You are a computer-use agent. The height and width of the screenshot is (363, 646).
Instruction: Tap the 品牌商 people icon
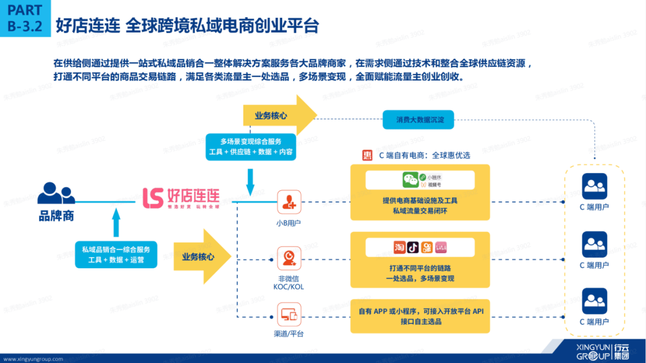pyautogui.click(x=56, y=194)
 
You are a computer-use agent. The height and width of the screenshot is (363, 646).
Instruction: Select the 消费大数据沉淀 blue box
pyautogui.click(x=420, y=120)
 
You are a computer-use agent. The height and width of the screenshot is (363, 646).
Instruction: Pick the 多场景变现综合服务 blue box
pyautogui.click(x=251, y=147)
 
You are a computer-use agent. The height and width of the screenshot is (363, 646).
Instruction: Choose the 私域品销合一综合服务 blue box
pyautogui.click(x=116, y=255)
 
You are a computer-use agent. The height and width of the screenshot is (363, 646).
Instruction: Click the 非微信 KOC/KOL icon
pyautogui.click(x=289, y=259)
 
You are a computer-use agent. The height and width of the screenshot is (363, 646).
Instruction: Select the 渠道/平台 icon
pyautogui.click(x=289, y=315)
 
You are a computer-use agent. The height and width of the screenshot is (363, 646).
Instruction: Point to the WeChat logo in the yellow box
pyautogui.click(x=411, y=180)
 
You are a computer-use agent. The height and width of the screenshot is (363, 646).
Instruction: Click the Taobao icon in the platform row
pyautogui.click(x=400, y=247)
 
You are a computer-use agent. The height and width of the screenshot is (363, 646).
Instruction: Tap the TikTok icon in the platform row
pyautogui.click(x=413, y=247)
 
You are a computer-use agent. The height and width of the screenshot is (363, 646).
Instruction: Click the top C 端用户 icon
pyautogui.click(x=595, y=186)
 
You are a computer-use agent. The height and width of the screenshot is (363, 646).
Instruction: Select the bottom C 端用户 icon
pyautogui.click(x=595, y=301)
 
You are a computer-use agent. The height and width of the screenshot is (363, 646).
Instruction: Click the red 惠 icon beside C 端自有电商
pyautogui.click(x=368, y=155)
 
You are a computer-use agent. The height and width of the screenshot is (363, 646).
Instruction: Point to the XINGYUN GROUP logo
pyautogui.click(x=602, y=351)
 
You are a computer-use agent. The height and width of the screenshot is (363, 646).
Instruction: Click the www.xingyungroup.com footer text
pyautogui.click(x=33, y=359)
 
